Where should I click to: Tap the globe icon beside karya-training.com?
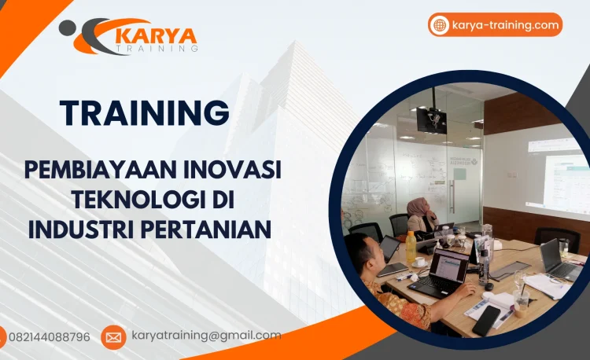coord(440,25)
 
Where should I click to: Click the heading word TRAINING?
coord(145,112)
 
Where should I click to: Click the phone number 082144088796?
coord(49,336)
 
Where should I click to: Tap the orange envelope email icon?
coord(113,337)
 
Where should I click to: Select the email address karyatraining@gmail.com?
coord(206,336)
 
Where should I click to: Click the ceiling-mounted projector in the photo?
coord(431,119)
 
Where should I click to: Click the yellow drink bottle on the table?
coord(410,248)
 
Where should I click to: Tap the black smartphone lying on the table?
coord(485,320)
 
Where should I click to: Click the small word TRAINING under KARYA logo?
coord(157,48)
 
